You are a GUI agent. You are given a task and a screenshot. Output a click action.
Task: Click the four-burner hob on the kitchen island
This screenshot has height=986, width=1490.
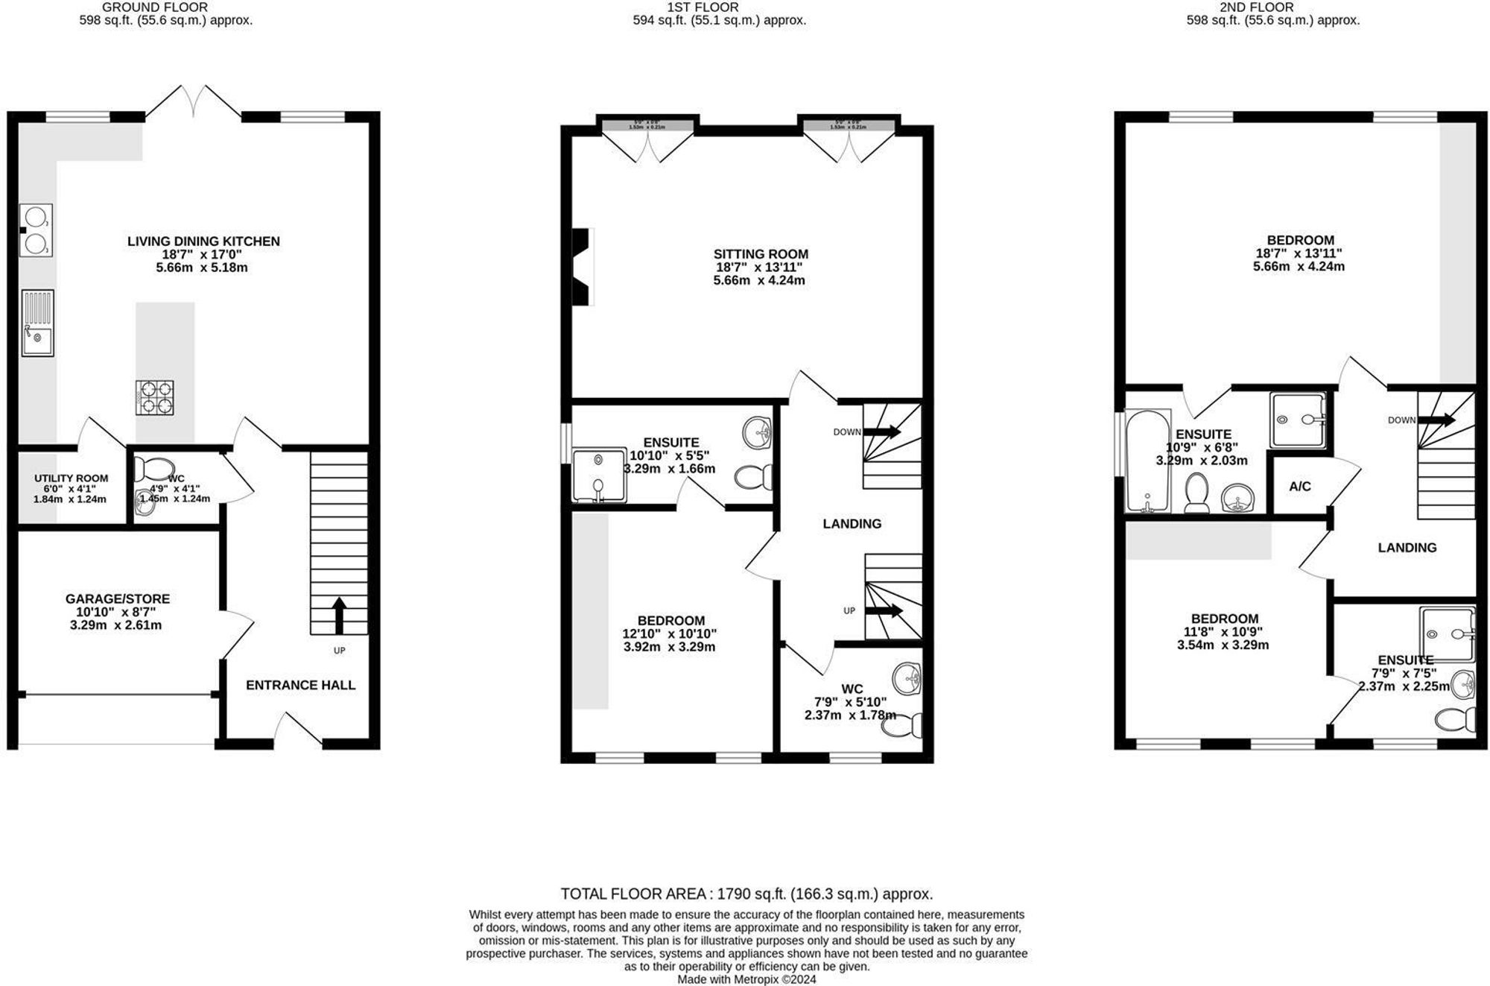click(x=154, y=397)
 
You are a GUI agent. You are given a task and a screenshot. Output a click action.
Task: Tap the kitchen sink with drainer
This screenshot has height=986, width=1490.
click(x=37, y=322)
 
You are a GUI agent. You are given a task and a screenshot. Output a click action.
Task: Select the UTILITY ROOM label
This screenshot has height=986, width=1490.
click(x=71, y=478)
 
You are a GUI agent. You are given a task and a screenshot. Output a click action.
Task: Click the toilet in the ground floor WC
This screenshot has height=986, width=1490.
click(x=155, y=469)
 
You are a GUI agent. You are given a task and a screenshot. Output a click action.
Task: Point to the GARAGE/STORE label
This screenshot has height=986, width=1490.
click(x=117, y=598)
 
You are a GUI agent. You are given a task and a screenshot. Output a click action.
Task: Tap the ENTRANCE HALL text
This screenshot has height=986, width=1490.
click(x=300, y=685)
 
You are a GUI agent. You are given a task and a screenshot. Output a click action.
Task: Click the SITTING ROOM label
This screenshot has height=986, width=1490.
click(x=760, y=253)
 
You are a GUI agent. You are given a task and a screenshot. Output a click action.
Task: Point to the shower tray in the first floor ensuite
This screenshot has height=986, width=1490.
click(x=599, y=475)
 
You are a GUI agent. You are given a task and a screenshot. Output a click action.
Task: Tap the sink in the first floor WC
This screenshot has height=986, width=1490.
click(x=907, y=678)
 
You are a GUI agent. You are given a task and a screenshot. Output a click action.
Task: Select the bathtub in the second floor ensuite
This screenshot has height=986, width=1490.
click(x=1147, y=461)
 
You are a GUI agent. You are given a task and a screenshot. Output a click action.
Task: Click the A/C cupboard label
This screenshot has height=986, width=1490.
click(x=1299, y=487)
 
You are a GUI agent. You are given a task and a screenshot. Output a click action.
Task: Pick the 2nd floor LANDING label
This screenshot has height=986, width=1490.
click(x=1407, y=547)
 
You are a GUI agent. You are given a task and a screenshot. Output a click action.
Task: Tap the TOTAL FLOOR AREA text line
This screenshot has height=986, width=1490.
click(x=746, y=894)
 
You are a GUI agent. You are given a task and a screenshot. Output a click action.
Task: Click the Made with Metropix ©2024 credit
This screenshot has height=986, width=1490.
click(x=746, y=979)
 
